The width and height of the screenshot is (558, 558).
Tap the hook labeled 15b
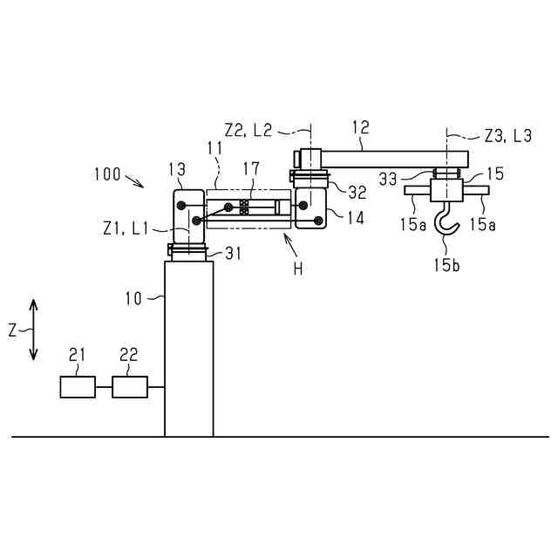click(x=448, y=223)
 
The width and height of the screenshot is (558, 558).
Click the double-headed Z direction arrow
click(x=34, y=330)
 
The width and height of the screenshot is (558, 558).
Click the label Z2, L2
click(x=248, y=130)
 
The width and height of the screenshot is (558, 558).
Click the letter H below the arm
click(x=298, y=269)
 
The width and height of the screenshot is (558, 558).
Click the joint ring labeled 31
click(x=188, y=252)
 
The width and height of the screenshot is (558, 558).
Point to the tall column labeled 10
click(x=188, y=349)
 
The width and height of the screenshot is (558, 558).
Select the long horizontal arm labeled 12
click(x=384, y=158)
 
